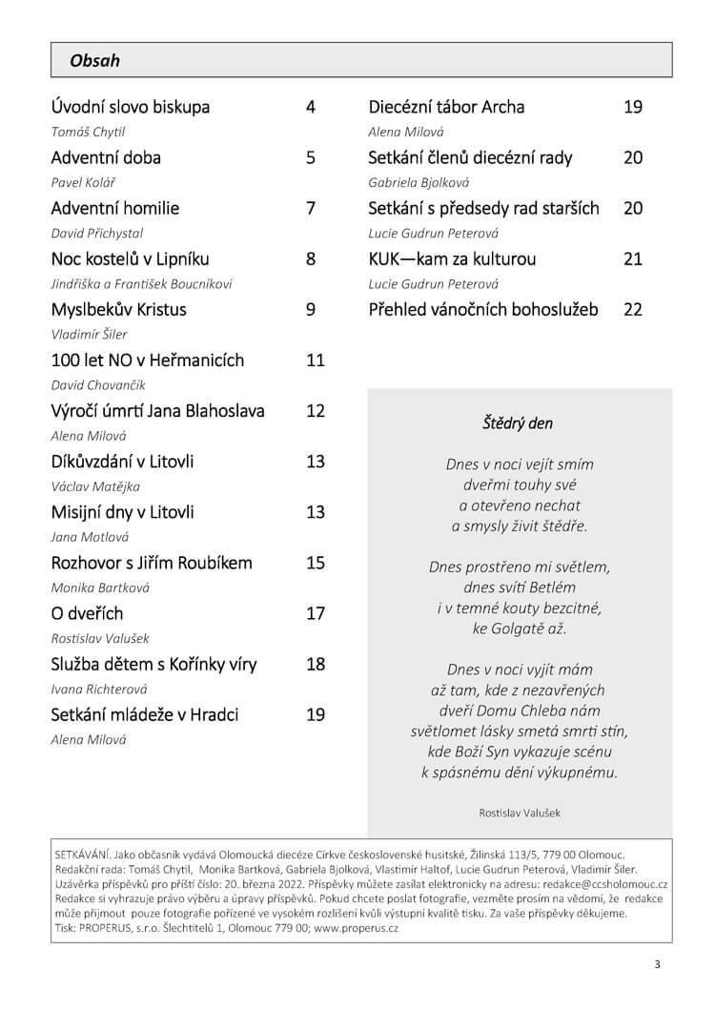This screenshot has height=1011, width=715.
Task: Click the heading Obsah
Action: tap(94, 61)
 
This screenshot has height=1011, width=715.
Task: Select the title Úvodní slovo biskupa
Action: tap(130, 107)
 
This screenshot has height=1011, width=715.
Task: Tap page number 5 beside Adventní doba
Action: tap(311, 157)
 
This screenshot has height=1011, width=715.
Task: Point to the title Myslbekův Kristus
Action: tap(118, 310)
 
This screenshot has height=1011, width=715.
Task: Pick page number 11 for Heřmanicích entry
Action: tap(316, 361)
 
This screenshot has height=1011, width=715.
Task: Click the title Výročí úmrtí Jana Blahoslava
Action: tap(157, 411)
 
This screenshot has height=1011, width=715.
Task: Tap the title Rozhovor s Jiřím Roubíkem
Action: tap(152, 563)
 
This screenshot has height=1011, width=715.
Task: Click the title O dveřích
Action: tap(87, 613)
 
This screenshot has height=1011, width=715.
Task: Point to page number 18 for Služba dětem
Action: tap(316, 664)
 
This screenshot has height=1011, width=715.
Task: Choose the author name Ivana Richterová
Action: tap(99, 689)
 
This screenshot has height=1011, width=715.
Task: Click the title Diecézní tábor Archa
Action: tap(446, 107)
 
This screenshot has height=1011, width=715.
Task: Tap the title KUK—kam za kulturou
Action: tap(452, 258)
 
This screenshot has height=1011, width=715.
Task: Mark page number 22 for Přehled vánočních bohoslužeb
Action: tap(633, 309)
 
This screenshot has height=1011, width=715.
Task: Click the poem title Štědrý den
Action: tap(518, 423)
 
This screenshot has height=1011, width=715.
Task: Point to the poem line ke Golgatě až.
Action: tap(519, 629)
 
